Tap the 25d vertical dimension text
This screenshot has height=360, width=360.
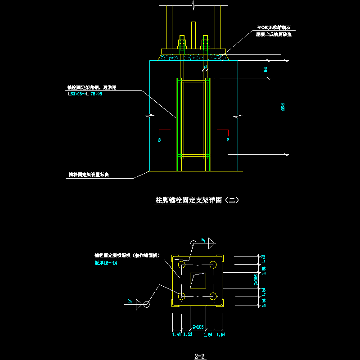point(283,107)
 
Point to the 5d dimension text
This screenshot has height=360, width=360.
point(265,69)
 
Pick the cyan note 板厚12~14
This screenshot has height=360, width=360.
point(106,263)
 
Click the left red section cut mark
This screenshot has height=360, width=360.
point(165,130)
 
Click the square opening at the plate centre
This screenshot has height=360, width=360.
point(198,281)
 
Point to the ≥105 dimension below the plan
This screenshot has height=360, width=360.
point(198,327)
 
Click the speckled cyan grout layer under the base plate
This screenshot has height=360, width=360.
point(193,56)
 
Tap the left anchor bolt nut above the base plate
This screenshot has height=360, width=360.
point(183,44)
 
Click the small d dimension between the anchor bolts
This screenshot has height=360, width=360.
point(205,67)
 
